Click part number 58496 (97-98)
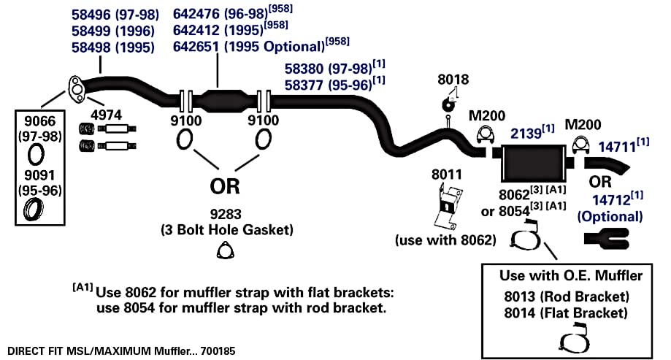[115, 15]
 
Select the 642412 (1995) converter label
[218, 31]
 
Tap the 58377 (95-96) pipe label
[329, 85]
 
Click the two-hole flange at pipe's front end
[76, 90]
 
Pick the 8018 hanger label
[453, 79]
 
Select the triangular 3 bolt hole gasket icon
[225, 251]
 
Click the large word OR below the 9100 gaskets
[225, 186]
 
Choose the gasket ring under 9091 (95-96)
[34, 210]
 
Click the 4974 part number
[106, 115]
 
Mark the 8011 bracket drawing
[448, 207]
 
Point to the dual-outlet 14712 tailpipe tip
[607, 239]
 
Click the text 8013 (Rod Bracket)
[566, 296]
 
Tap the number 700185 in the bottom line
[218, 351]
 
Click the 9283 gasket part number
[226, 214]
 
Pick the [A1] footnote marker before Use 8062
[83, 287]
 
